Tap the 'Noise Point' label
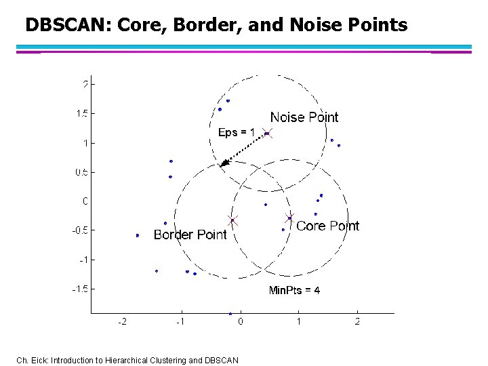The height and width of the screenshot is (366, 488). (x=304, y=117)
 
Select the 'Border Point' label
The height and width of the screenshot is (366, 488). (x=190, y=235)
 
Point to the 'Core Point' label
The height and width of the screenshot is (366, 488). (x=328, y=226)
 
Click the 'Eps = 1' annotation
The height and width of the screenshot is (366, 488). (x=236, y=133)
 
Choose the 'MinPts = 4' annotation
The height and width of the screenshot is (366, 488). (x=294, y=290)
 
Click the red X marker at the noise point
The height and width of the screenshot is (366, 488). (x=267, y=134)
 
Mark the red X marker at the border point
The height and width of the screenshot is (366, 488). (x=232, y=220)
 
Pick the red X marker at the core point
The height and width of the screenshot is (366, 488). (x=289, y=218)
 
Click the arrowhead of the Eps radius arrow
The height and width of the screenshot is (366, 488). (x=224, y=163)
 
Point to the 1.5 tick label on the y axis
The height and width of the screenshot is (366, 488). (x=81, y=113)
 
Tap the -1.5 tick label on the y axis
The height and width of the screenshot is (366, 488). (x=79, y=289)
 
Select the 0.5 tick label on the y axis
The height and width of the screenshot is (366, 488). (x=81, y=172)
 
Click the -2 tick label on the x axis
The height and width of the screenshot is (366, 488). (x=122, y=321)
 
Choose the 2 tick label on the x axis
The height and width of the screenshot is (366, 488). (x=357, y=321)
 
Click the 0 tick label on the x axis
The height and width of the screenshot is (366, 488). (x=241, y=321)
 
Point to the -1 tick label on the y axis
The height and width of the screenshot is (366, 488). (x=83, y=260)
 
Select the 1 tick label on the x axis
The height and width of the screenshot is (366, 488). (x=299, y=321)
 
